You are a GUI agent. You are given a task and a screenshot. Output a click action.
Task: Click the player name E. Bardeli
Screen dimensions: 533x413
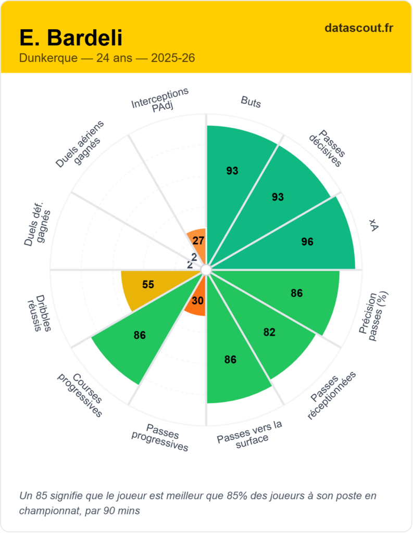coord(71,37)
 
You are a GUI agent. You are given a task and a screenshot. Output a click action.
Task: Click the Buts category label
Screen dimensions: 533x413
coord(251,101)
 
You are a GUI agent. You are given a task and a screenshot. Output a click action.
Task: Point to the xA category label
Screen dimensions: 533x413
coord(372,224)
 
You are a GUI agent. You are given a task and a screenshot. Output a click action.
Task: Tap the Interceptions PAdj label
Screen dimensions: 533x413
coord(159,98)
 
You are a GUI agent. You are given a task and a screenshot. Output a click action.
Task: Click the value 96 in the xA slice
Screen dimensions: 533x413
coord(307,242)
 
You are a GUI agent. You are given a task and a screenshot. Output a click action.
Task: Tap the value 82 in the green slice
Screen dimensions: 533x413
coord(269,332)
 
